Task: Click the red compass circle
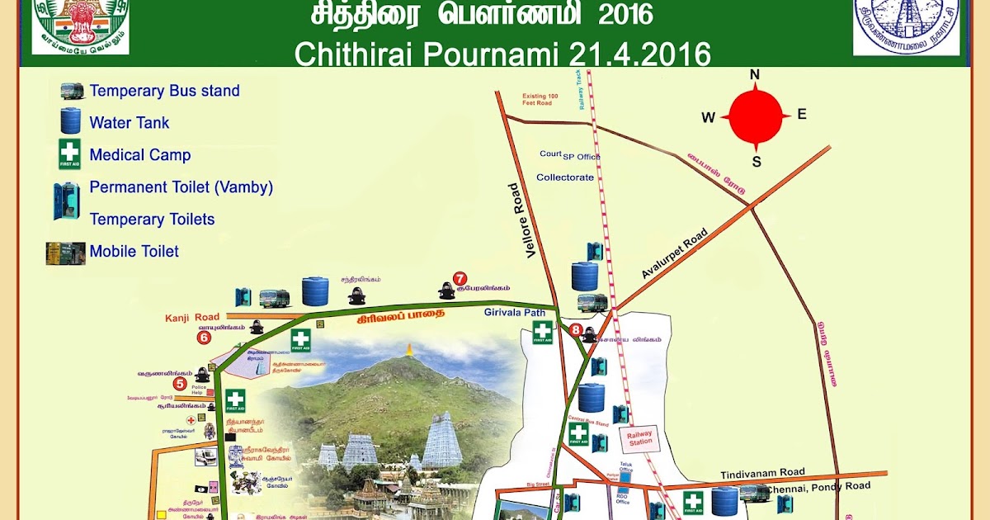coord(755,117)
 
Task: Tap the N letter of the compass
coord(754,75)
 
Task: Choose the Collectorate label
coord(565,177)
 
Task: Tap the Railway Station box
coord(640,437)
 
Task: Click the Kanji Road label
coord(192,317)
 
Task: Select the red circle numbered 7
coord(460,278)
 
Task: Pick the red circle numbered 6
coord(204,337)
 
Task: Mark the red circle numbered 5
coord(179,383)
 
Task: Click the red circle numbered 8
coord(576,330)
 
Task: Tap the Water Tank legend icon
coord(71,122)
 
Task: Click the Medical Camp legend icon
coord(69,154)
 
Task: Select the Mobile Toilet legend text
coord(134,252)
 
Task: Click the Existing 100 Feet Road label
coord(540,100)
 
